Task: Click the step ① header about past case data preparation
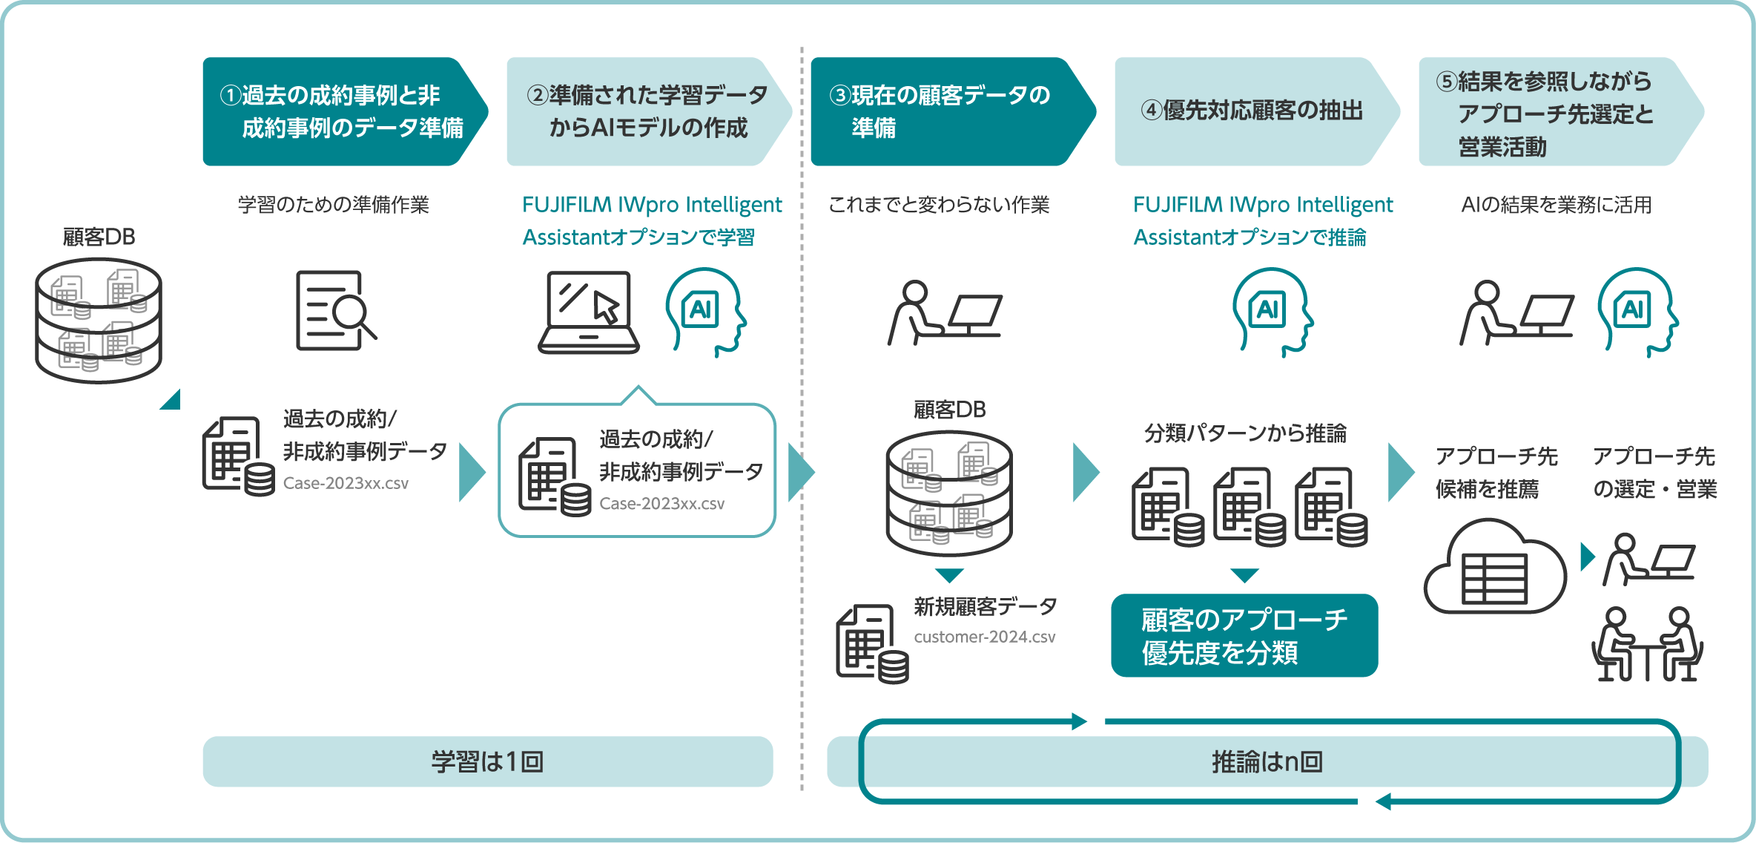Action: pyautogui.click(x=341, y=111)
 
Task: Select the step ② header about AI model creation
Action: pyautogui.click(x=645, y=111)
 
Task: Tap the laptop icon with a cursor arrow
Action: pyautogui.click(x=589, y=312)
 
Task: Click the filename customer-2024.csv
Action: pyautogui.click(x=984, y=637)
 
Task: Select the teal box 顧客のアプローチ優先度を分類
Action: pyautogui.click(x=1244, y=635)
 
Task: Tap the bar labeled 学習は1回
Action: pyautogui.click(x=487, y=761)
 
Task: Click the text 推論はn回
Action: pyautogui.click(x=1267, y=761)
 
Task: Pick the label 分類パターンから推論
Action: pyautogui.click(x=1245, y=433)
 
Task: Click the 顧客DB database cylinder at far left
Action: pyautogui.click(x=98, y=321)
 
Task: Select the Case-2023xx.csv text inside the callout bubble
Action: pyautogui.click(x=661, y=503)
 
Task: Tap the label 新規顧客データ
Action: pyautogui.click(x=985, y=606)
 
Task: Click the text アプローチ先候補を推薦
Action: pyautogui.click(x=1496, y=473)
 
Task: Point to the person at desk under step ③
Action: pyautogui.click(x=943, y=313)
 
